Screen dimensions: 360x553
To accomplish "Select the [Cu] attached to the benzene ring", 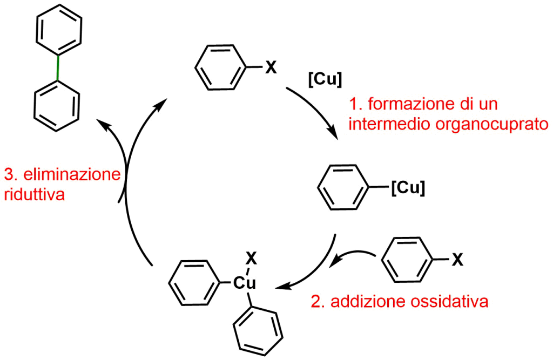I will click(407, 188).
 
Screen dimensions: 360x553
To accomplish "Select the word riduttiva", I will click(34, 194).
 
